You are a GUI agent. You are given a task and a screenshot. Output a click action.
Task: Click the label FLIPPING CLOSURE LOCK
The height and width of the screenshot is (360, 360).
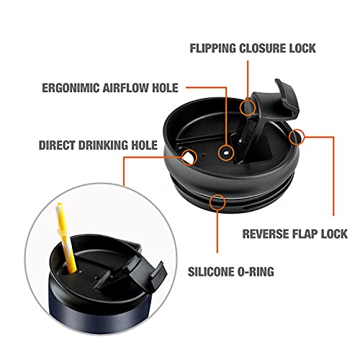253,48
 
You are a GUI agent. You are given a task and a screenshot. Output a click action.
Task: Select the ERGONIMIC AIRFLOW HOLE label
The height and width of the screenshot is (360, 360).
110,88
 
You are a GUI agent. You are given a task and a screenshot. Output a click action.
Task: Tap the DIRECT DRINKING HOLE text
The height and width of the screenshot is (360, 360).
98,145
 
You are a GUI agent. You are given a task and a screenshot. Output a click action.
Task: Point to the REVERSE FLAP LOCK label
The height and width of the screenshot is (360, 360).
295,234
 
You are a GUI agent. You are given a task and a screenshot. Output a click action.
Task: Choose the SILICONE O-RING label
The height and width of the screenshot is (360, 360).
231,271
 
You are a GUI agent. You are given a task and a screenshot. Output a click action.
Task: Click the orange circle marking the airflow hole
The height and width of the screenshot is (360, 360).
226,153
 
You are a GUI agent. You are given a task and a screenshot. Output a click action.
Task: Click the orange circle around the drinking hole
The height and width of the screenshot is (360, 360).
189,157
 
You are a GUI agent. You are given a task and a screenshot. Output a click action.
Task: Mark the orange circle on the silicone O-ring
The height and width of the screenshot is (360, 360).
217,202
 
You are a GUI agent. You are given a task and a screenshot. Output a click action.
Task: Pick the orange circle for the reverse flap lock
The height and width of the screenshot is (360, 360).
297,137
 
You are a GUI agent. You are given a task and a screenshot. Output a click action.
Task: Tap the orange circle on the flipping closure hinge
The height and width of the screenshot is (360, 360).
248,107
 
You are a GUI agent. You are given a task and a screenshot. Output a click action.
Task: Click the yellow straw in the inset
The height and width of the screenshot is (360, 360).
66,239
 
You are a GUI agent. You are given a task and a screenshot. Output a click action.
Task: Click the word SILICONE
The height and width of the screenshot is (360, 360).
210,271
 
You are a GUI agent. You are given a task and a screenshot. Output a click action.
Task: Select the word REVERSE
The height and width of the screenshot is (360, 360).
263,234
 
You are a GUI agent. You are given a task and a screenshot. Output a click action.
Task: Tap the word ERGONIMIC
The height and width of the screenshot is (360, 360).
71,88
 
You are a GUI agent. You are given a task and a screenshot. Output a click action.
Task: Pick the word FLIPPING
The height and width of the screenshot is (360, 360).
213,48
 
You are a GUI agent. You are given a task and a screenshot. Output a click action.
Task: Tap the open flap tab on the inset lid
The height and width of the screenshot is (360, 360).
157,272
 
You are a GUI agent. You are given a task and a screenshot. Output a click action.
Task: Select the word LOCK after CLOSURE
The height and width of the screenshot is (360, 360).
302,48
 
